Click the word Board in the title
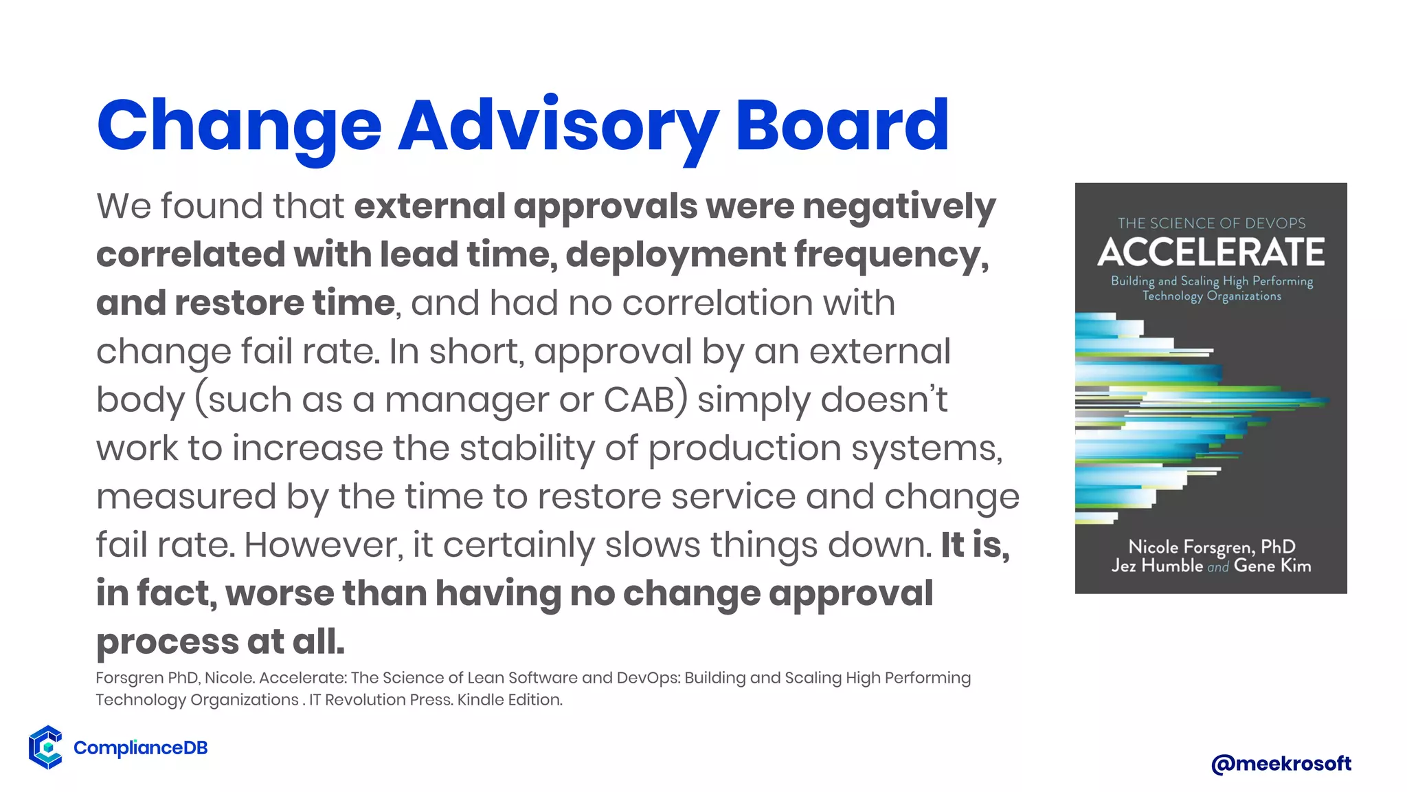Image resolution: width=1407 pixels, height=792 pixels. pos(842,126)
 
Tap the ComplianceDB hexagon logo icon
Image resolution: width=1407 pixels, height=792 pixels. pos(46,747)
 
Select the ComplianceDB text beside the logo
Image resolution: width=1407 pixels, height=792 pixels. pos(140,748)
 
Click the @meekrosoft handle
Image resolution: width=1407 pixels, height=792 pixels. pos(1281,763)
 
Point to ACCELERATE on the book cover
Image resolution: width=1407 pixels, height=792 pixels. pos(1211,252)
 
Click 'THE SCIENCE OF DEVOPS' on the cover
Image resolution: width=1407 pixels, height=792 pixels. pos(1211,223)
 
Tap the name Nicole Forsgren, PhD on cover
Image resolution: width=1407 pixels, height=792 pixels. pos(1211,547)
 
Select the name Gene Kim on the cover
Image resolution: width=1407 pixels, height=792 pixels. pos(1272,566)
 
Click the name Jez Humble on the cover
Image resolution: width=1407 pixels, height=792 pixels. pos(1157,566)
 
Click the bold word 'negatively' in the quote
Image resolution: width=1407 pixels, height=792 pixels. pos(899,207)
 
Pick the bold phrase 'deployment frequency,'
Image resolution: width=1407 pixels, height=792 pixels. pos(777,255)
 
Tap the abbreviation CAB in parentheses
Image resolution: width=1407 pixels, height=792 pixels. pos(639,400)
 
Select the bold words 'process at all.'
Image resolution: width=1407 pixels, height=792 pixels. pos(220,642)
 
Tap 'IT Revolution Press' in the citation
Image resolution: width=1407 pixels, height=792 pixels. pos(379,700)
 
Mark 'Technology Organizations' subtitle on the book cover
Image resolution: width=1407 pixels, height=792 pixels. pos(1211,296)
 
